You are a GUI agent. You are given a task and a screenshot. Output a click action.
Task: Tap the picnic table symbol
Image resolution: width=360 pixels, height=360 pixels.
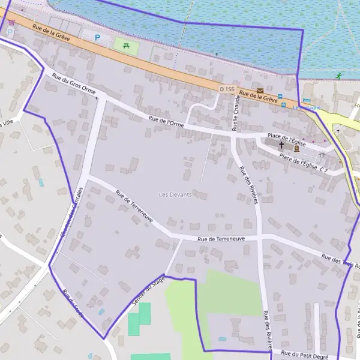[126, 44]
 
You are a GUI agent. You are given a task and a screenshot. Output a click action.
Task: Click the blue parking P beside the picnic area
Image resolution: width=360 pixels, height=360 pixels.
[98, 37]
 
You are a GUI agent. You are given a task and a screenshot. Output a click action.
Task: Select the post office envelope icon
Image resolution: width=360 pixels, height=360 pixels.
[260, 91]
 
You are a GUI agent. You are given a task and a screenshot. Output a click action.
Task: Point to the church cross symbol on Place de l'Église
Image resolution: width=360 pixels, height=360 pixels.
[281, 145]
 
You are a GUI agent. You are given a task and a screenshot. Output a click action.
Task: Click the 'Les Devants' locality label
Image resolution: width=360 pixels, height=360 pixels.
[175, 195]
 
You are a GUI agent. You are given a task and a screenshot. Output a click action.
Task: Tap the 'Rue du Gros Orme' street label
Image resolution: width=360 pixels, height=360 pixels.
[73, 83]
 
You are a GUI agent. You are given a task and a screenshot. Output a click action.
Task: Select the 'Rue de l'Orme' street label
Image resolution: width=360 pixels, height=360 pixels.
[166, 122]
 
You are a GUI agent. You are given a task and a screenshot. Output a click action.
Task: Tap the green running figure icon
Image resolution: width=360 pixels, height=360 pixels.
[340, 76]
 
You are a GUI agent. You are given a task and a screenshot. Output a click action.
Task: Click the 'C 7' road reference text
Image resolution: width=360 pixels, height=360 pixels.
[323, 170]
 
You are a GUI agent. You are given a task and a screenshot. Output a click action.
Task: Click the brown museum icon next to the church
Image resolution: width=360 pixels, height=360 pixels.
[296, 148]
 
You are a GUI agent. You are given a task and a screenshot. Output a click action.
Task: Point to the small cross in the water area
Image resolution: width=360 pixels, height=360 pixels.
[217, 54]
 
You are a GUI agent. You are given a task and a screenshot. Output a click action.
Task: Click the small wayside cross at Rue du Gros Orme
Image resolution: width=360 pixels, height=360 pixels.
[97, 97]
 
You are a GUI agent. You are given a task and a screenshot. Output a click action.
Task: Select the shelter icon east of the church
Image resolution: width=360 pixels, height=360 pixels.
[322, 155]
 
